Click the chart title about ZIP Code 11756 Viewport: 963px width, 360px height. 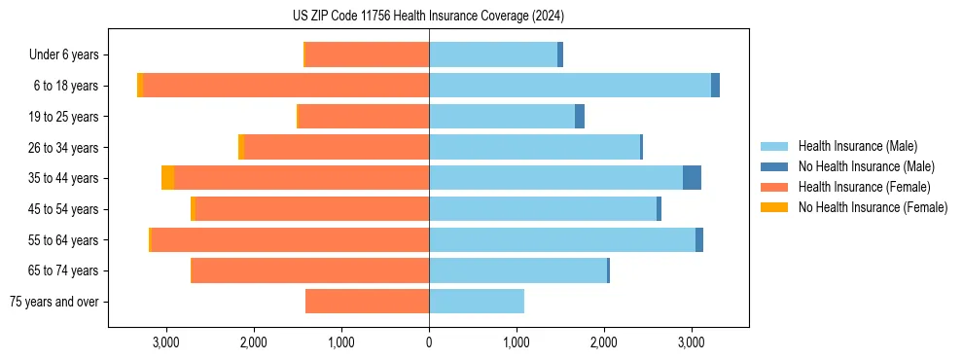click(x=428, y=17)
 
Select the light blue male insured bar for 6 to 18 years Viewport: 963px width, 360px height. click(x=569, y=86)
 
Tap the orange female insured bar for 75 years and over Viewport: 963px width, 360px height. click(x=367, y=302)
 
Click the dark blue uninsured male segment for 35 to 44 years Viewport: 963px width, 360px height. click(x=692, y=178)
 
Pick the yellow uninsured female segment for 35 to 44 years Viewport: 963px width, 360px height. click(x=168, y=178)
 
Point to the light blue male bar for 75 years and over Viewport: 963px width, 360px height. click(x=477, y=302)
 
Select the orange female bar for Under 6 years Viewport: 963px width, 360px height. click(x=367, y=55)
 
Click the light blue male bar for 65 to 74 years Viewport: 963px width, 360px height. click(x=517, y=270)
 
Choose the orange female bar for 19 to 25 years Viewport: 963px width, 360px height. click(x=363, y=117)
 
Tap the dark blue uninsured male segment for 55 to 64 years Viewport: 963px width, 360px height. click(x=699, y=240)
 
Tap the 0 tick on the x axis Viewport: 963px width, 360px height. click(x=429, y=342)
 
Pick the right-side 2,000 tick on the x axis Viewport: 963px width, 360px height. click(x=604, y=342)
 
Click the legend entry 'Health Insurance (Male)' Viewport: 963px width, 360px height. click(x=857, y=146)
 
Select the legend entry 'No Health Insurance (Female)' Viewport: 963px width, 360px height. click(x=873, y=207)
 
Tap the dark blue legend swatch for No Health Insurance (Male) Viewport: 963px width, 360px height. click(x=775, y=166)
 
